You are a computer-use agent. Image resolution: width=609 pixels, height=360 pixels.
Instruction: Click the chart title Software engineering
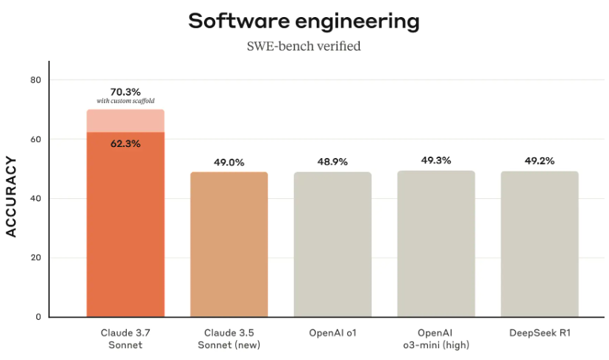(x=304, y=22)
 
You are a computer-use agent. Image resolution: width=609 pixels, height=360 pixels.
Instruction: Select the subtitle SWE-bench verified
(x=304, y=47)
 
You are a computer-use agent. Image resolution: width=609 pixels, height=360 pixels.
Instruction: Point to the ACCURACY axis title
(x=11, y=197)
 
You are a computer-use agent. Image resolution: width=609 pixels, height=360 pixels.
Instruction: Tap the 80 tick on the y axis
(x=34, y=80)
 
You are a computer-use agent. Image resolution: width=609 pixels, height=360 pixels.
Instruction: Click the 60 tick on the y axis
(x=34, y=140)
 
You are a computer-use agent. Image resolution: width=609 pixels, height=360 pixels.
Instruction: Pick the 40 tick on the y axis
(x=34, y=199)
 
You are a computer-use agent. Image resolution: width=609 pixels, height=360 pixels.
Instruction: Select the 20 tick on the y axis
(x=34, y=258)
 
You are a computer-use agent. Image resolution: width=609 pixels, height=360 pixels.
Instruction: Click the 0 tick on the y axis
(x=36, y=318)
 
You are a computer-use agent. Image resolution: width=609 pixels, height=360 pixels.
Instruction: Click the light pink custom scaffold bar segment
(x=125, y=121)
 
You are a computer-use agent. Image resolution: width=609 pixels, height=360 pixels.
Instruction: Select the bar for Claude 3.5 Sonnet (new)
(x=228, y=245)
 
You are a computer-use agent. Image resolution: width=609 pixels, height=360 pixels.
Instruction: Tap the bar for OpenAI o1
(x=332, y=245)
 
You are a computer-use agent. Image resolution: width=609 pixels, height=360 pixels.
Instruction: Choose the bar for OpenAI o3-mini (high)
(x=436, y=245)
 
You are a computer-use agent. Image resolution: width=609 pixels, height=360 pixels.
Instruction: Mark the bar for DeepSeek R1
(x=539, y=245)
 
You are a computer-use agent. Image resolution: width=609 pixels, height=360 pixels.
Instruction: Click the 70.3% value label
(x=125, y=92)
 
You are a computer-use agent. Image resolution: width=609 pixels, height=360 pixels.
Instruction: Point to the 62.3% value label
(x=125, y=143)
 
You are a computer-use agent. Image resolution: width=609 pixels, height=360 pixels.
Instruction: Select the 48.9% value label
(x=332, y=161)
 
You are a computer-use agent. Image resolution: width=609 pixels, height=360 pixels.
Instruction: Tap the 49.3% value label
(x=436, y=160)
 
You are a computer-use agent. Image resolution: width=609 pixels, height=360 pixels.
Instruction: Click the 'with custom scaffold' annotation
(x=125, y=101)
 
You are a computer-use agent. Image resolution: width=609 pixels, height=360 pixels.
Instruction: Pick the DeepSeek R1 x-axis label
(x=539, y=332)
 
